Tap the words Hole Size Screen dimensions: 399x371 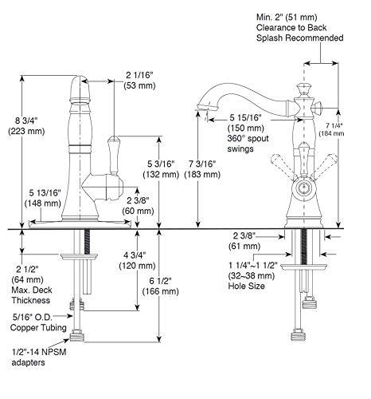(x=244, y=286)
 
